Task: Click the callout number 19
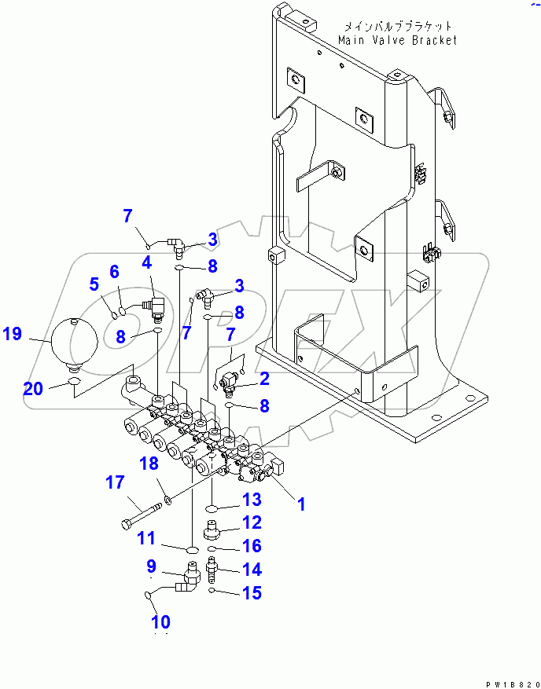(12, 334)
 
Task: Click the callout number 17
(116, 484)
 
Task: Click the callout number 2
(264, 379)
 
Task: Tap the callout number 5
(94, 283)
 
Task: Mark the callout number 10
(160, 621)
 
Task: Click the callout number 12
(251, 522)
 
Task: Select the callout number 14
(252, 570)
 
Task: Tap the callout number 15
(252, 593)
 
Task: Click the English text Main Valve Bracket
(397, 40)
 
